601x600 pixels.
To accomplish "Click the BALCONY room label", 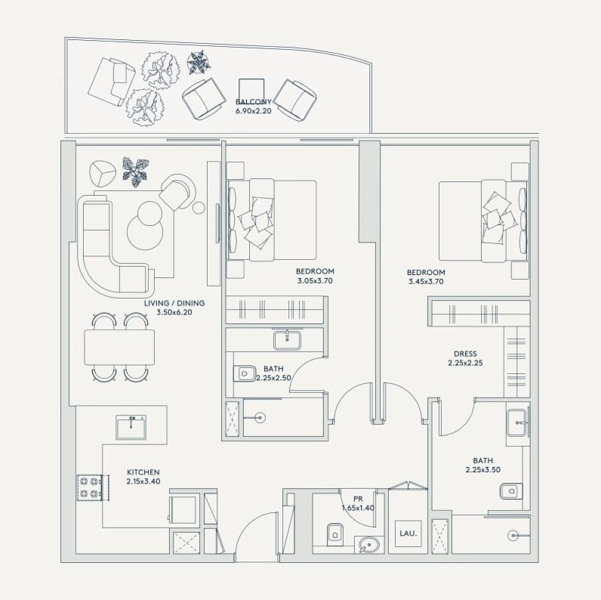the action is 254,102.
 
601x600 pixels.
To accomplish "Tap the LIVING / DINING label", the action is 174,303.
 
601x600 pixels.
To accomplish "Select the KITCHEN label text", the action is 143,472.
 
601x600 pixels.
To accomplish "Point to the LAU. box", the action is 408,534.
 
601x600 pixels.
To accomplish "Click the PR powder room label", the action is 358,499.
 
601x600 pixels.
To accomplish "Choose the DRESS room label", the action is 465,354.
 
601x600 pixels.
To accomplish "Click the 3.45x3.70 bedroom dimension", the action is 426,282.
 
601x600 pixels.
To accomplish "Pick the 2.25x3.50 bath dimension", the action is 483,469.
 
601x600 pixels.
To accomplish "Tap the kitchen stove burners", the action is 89,487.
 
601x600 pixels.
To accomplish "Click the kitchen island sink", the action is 131,428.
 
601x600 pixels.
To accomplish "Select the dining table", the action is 119,347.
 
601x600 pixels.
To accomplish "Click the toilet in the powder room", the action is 335,534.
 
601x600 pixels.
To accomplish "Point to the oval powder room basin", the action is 369,545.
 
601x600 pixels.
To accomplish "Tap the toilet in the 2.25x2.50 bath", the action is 245,373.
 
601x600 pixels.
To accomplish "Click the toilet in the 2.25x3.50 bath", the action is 511,491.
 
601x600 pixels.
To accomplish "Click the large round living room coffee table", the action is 145,233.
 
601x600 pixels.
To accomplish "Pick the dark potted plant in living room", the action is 136,172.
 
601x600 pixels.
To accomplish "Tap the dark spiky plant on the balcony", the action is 199,62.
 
